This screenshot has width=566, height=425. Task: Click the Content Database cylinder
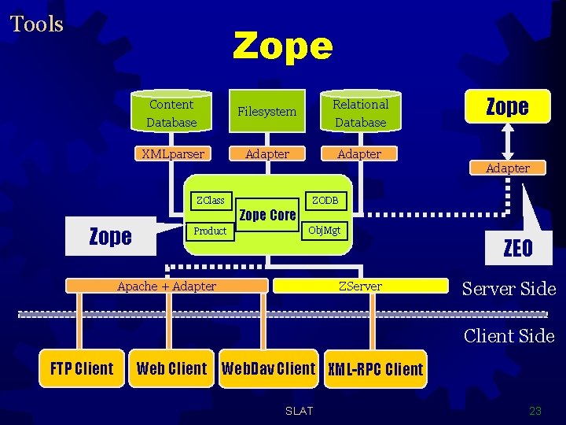pyautogui.click(x=171, y=113)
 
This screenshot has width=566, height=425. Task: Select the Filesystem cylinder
pyautogui.click(x=266, y=112)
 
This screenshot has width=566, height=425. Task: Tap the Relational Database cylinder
pyautogui.click(x=360, y=113)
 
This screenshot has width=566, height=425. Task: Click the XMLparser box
pyautogui.click(x=172, y=154)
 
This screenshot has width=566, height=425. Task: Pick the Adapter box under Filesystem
pyautogui.click(x=266, y=154)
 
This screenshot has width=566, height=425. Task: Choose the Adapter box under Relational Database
pyautogui.click(x=359, y=154)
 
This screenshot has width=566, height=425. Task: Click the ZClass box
pyautogui.click(x=210, y=201)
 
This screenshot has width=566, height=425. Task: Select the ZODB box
pyautogui.click(x=325, y=201)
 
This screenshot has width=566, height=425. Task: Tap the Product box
pyautogui.click(x=210, y=231)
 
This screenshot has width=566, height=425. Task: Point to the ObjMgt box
pyautogui.click(x=324, y=231)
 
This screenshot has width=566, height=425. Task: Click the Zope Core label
pyautogui.click(x=267, y=215)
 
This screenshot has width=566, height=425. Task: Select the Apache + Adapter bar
pyautogui.click(x=167, y=286)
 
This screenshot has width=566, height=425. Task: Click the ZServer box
pyautogui.click(x=360, y=286)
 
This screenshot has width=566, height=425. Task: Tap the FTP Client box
pyautogui.click(x=82, y=368)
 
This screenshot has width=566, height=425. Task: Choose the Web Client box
pyautogui.click(x=171, y=368)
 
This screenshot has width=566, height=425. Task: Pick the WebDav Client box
pyautogui.click(x=268, y=368)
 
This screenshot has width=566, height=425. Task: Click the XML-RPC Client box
pyautogui.click(x=375, y=369)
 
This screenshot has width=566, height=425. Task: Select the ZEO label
pyautogui.click(x=518, y=249)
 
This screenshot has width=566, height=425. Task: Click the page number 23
pyautogui.click(x=535, y=411)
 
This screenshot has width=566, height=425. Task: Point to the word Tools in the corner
pyautogui.click(x=36, y=24)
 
